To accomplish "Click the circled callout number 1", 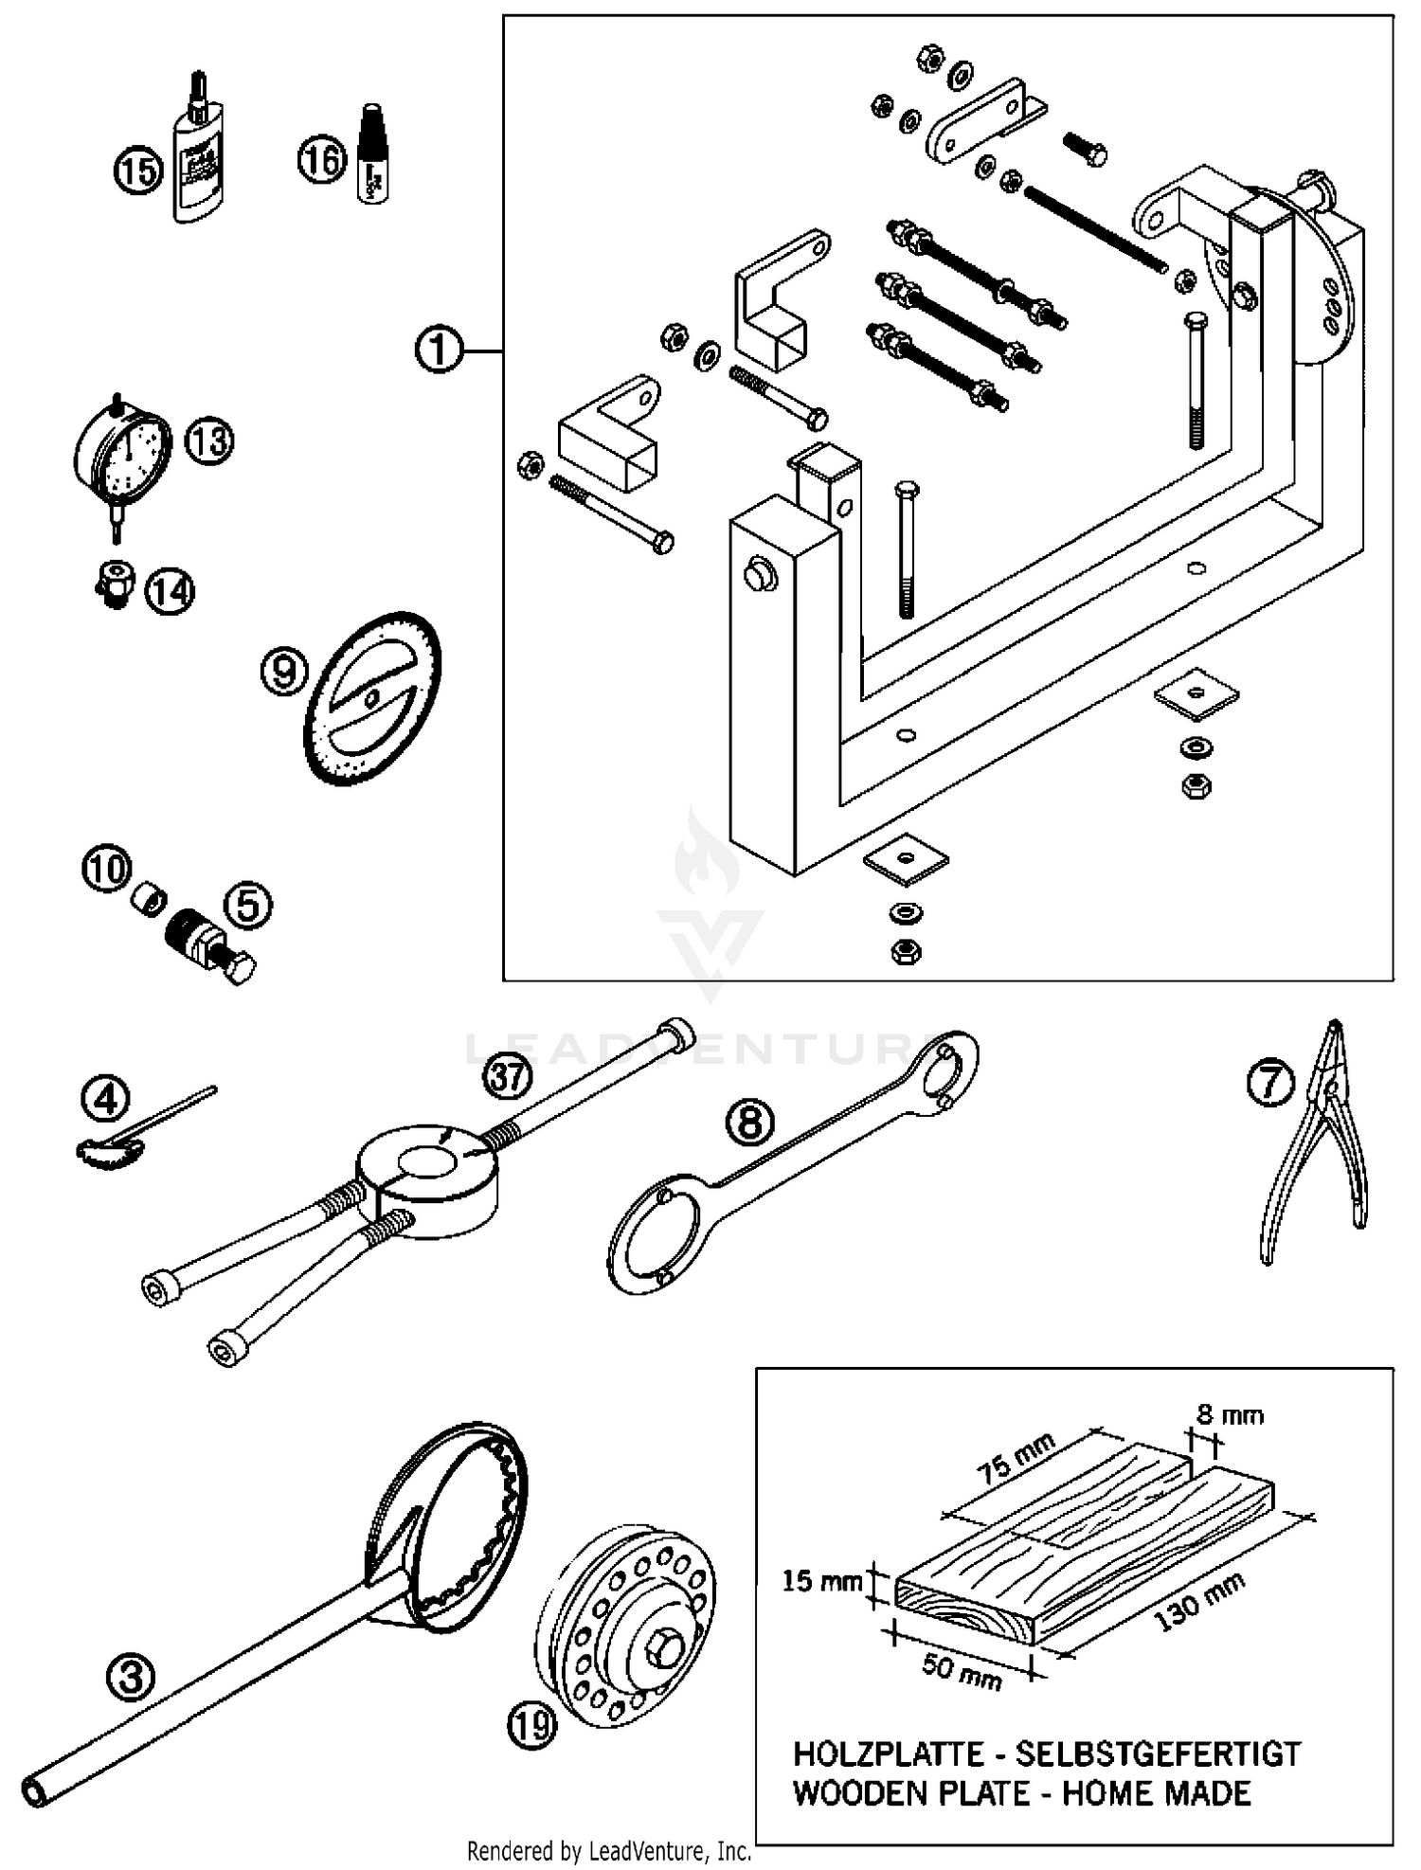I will [x=439, y=351].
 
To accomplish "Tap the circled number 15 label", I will [x=139, y=171].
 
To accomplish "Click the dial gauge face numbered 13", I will [x=123, y=457].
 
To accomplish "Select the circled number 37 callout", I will [x=509, y=1078].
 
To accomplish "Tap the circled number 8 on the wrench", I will [x=749, y=1122].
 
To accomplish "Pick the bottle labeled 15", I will [x=200, y=162].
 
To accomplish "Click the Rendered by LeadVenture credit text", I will [x=609, y=1850].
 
